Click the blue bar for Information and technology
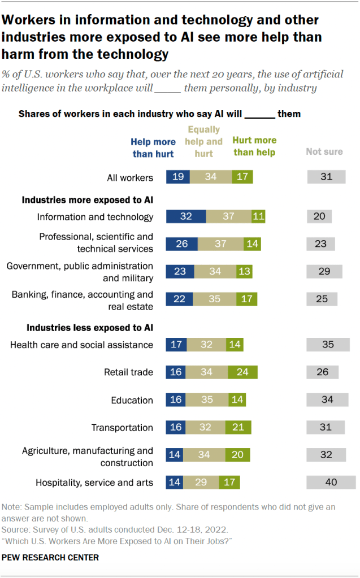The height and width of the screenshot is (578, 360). point(186,216)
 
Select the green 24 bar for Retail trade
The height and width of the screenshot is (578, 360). point(242,372)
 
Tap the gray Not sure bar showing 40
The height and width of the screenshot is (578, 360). point(331,482)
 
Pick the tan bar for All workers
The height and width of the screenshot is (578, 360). point(210,177)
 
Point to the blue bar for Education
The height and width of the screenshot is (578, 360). point(175,400)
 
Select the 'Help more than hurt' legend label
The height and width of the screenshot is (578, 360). point(153,148)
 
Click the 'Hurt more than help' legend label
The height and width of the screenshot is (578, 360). point(254,146)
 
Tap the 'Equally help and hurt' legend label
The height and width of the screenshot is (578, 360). point(204,142)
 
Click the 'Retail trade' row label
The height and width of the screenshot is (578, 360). point(128,372)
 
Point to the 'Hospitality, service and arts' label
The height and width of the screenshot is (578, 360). point(94,483)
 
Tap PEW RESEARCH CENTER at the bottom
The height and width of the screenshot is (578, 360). point(50,558)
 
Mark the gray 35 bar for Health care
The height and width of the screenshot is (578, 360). point(328,345)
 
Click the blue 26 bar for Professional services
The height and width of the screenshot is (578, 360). point(181,244)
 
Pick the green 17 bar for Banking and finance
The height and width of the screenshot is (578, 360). point(247,299)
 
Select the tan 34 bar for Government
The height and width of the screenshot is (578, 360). point(215,272)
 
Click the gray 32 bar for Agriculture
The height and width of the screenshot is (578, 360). point(326,455)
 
